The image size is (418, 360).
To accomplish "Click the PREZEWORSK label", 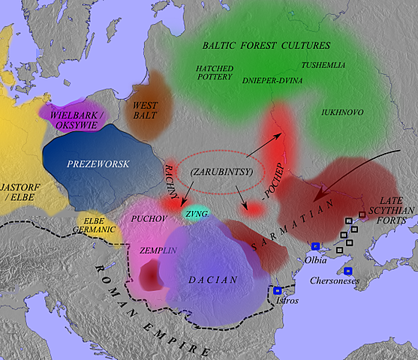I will tap(87, 163).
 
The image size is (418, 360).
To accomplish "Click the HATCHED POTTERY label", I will tap(215, 73).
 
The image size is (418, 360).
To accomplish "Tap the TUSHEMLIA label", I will tap(323, 65).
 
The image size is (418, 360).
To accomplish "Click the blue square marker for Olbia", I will tap(315, 247).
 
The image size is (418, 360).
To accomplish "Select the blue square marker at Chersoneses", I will tap(347, 271).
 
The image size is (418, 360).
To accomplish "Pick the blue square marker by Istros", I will tap(278, 290).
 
